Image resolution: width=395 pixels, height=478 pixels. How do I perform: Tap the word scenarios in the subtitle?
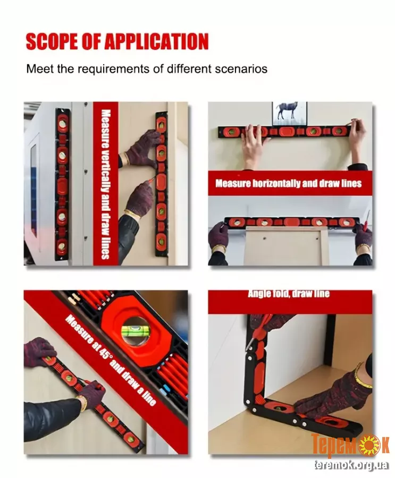click(241, 69)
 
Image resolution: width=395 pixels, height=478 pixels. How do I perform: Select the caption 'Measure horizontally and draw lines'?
click(289, 183)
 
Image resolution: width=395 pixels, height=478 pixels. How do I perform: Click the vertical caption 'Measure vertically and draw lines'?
click(105, 184)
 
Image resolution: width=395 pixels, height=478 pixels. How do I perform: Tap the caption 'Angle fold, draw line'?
click(289, 294)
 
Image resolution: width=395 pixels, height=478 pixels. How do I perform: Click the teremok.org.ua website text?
click(351, 465)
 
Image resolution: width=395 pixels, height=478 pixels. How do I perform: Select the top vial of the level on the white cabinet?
click(63, 123)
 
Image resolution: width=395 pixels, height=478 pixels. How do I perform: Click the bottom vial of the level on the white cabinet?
click(63, 246)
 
